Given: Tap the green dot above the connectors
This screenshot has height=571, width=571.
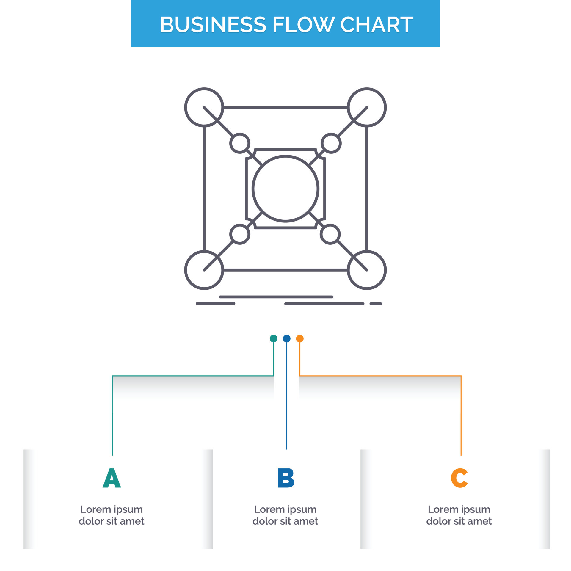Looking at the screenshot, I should pyautogui.click(x=273, y=338).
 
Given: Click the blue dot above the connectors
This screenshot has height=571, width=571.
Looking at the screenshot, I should pyautogui.click(x=287, y=338).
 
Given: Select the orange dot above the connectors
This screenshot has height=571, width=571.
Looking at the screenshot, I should pyautogui.click(x=300, y=338).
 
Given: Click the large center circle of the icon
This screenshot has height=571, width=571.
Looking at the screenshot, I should pyautogui.click(x=285, y=189).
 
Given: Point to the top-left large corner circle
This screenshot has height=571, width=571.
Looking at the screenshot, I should pyautogui.click(x=204, y=107).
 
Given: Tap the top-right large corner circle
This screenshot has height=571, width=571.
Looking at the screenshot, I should pyautogui.click(x=367, y=107).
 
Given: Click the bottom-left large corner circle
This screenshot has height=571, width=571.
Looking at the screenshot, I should pyautogui.click(x=204, y=270).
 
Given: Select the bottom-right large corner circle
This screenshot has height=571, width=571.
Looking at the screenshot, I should pyautogui.click(x=367, y=270).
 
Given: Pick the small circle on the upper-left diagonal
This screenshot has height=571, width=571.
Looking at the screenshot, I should pyautogui.click(x=240, y=143).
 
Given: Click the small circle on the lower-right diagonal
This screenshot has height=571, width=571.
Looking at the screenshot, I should pyautogui.click(x=330, y=234).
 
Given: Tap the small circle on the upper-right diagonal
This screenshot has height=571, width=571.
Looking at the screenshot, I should pyautogui.click(x=331, y=143).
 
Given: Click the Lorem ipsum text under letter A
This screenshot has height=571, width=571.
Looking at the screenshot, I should pyautogui.click(x=112, y=515).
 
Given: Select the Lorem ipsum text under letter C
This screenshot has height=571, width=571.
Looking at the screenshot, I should pyautogui.click(x=459, y=515).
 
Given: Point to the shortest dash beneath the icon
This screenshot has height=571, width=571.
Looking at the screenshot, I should pyautogui.click(x=376, y=304).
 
